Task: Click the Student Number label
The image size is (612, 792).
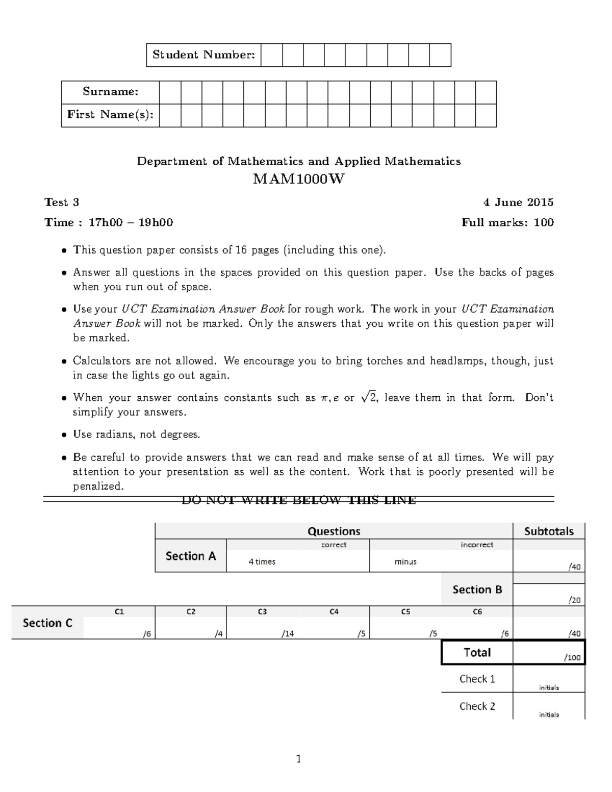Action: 203,55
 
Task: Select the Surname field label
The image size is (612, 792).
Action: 110,92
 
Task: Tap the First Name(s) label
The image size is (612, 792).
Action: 110,115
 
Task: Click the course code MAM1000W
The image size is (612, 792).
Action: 298,180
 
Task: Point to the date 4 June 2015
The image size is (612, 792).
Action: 518,202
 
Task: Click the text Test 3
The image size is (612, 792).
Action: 62,202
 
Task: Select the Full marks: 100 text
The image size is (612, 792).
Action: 507,222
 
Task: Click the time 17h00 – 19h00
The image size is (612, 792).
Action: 131,222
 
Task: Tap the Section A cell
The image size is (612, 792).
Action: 191,556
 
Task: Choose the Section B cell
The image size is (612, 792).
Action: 477,590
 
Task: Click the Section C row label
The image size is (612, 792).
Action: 47,623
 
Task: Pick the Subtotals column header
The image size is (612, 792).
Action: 549,531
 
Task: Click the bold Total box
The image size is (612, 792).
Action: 477,652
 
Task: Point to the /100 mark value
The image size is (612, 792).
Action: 572,657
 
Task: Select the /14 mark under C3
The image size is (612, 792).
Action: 288,634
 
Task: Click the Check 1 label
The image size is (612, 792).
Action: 477,679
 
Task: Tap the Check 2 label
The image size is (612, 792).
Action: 477,706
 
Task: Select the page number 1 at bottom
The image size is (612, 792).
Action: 299,759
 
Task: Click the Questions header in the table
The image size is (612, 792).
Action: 334,531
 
